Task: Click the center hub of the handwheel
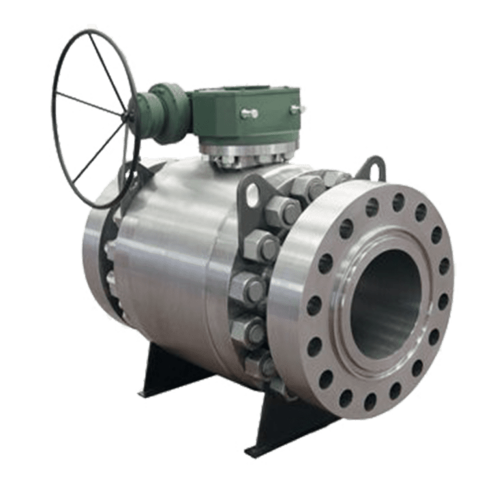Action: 127,116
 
